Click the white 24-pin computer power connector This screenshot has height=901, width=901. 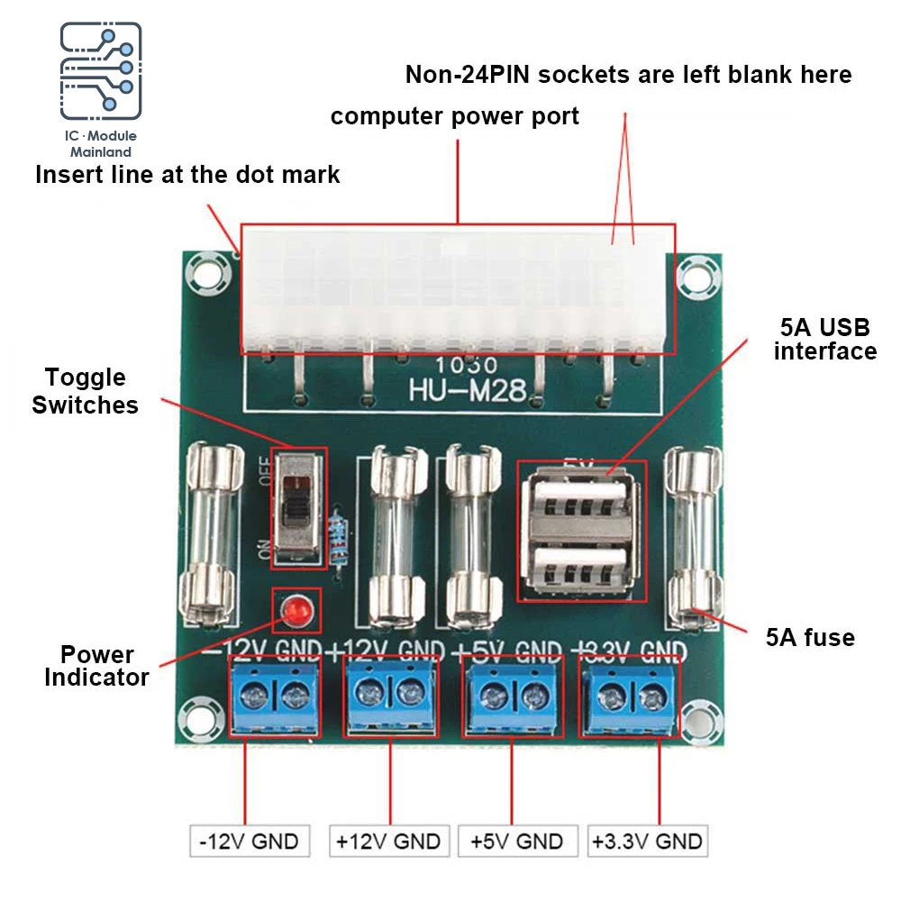(458, 288)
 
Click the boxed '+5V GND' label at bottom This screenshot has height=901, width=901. (516, 842)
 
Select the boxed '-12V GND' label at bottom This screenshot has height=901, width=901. (249, 842)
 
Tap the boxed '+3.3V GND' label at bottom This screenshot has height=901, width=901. (646, 842)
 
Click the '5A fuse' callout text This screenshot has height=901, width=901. (809, 638)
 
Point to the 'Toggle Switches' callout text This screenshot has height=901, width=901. (86, 391)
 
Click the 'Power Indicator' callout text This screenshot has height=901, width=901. (96, 666)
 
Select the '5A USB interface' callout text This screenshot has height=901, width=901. (824, 339)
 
